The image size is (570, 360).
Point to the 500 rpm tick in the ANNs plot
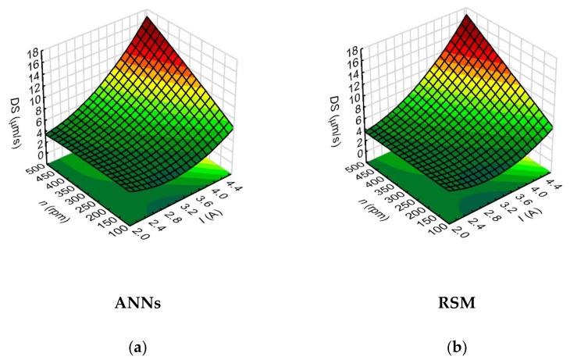(28, 167)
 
